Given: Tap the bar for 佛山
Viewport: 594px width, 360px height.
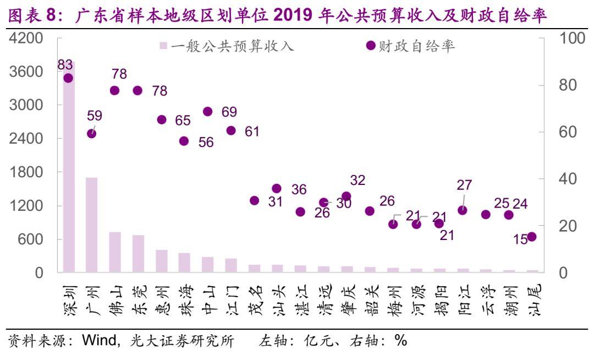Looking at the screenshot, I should tap(115, 252).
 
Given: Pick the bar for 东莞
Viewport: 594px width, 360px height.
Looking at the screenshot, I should tap(138, 254).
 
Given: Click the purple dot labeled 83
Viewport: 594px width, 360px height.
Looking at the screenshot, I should tap(68, 78).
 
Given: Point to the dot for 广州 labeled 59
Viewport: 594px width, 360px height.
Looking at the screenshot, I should tap(92, 134).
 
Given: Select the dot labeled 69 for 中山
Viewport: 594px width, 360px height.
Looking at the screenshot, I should tap(208, 112).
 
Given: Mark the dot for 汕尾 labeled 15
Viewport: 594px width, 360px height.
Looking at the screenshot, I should tap(532, 237).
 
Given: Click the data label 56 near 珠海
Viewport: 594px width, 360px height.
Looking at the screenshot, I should tap(206, 142).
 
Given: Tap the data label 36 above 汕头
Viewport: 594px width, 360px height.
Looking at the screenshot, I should tap(299, 189).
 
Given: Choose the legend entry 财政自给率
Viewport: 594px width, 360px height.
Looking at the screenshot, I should tap(412, 46).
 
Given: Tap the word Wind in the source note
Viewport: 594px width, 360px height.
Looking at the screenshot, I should tap(97, 341).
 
